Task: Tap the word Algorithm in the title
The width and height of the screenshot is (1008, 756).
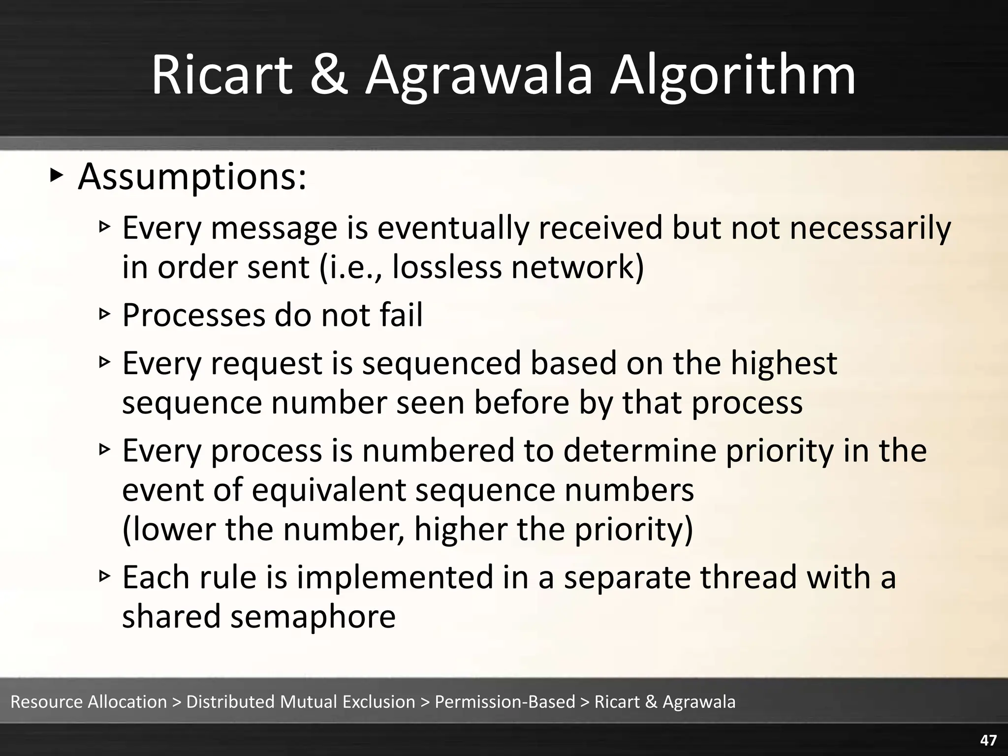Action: click(x=733, y=75)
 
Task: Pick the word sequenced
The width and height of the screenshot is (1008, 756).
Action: click(x=441, y=363)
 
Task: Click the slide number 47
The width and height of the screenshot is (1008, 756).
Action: click(x=988, y=740)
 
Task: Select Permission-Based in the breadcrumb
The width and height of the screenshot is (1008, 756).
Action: click(x=504, y=701)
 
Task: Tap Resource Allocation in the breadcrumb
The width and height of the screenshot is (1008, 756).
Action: click(x=89, y=701)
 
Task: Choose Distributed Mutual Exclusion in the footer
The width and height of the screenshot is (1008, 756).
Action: click(x=301, y=701)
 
